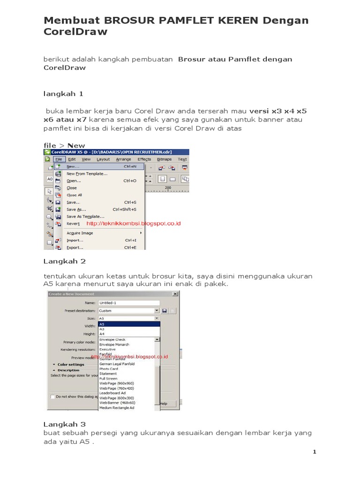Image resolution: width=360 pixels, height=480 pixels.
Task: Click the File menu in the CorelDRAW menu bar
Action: coord(59,159)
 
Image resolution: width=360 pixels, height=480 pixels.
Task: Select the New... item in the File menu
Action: coord(73,166)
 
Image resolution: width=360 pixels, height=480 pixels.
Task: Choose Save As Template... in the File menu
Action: coord(85,217)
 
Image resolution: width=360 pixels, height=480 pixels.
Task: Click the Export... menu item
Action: coord(75,247)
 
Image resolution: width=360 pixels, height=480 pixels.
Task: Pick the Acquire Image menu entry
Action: coord(80,233)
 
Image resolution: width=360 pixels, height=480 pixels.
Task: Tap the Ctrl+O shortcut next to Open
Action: coord(130,180)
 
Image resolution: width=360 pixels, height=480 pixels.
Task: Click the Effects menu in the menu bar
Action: coord(144,159)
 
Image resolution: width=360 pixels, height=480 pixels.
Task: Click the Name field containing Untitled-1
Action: coord(128,303)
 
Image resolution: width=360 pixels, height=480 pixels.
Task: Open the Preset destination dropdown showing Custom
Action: coord(128,310)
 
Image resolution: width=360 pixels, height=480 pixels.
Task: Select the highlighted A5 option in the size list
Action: coord(128,324)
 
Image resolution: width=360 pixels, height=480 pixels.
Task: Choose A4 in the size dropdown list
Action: coord(102,334)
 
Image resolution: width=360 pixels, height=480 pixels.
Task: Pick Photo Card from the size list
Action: coord(108,369)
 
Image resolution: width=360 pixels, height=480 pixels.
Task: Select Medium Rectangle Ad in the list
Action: coord(117,407)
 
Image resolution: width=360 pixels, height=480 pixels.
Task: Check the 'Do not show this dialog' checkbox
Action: coord(52,396)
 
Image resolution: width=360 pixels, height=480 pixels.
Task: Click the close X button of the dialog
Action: coord(175,294)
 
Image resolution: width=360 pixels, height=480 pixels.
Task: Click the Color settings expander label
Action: coord(71,364)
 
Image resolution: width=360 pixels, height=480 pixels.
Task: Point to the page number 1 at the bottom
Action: coord(315,452)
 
